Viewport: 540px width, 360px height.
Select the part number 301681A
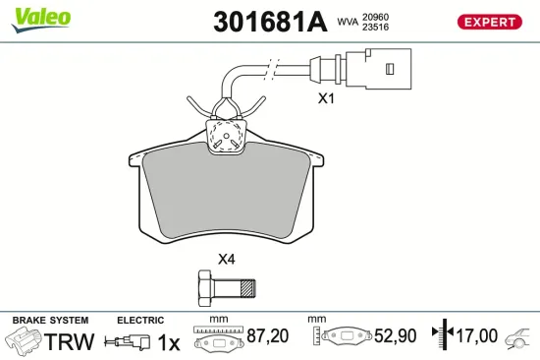coord(268,21)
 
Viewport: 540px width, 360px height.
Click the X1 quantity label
coord(326,98)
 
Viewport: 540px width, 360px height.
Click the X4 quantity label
coord(226,259)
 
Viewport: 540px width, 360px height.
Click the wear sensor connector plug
coord(372,69)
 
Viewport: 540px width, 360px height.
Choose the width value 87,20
coord(266,337)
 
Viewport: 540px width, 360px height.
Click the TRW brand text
coord(70,341)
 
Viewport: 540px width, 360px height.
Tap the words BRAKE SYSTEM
coord(50,321)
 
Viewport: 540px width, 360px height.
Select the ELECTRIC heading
coord(141,321)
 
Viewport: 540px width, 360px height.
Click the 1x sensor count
coord(170,341)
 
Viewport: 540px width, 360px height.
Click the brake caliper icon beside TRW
coord(25,341)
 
